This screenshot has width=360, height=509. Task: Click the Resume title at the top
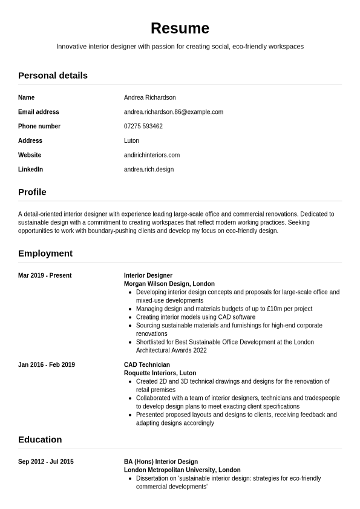click(180, 28)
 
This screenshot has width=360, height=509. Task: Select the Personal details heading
click(53, 76)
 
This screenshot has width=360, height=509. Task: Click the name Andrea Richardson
click(149, 97)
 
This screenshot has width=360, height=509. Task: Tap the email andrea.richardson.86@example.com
click(173, 112)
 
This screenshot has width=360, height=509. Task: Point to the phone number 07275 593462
click(143, 126)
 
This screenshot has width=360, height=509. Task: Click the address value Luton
click(131, 140)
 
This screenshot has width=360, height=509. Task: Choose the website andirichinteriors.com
click(151, 155)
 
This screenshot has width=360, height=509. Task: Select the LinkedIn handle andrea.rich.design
click(148, 169)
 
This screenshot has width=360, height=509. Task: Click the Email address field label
click(39, 112)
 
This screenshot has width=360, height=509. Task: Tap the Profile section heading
click(32, 192)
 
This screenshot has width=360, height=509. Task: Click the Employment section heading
click(45, 253)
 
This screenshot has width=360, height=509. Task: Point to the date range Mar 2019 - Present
click(45, 275)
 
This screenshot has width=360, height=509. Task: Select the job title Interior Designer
click(148, 275)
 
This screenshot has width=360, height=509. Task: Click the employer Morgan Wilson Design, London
click(169, 284)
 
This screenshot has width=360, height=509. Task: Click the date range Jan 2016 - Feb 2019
click(47, 365)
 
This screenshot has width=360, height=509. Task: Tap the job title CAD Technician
click(146, 365)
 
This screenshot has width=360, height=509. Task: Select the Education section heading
click(40, 439)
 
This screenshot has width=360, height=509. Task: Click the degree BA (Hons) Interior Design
click(160, 462)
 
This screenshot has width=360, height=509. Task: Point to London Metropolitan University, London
click(182, 470)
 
